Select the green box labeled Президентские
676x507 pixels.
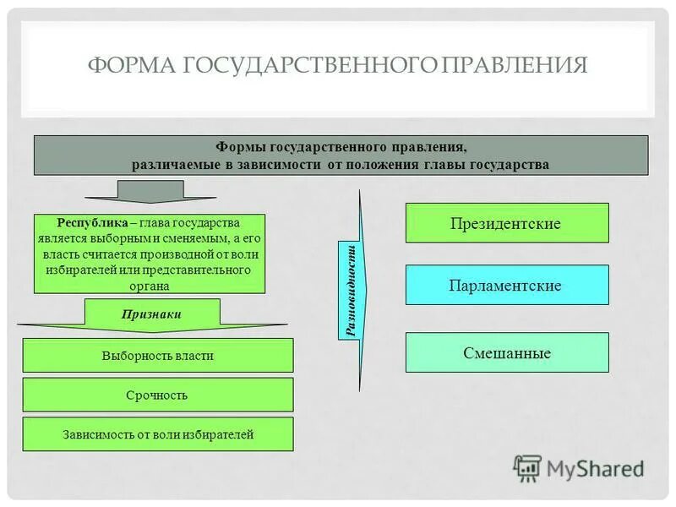[506, 224]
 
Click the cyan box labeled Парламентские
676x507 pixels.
[506, 286]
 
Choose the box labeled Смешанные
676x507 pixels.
[506, 353]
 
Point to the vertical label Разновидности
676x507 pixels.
[352, 290]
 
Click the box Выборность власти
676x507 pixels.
[157, 356]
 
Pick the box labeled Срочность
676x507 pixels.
[157, 395]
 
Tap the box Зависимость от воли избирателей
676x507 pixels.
[157, 434]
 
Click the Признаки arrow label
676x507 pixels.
[152, 313]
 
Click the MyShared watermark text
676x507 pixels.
[596, 468]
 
